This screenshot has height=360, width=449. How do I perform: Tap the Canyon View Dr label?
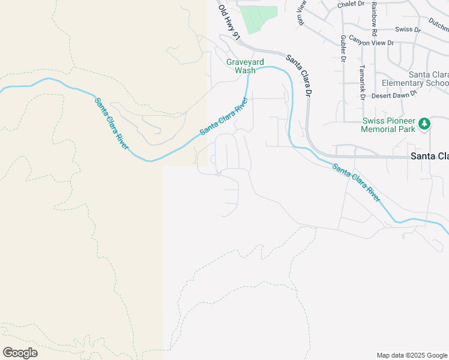click(x=372, y=43)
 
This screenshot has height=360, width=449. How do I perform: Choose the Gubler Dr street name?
click(x=343, y=49)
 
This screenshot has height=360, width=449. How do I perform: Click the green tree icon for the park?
click(x=425, y=124)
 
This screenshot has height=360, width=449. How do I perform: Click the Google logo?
click(x=20, y=353)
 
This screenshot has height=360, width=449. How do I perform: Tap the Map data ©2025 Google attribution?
click(x=412, y=355)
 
